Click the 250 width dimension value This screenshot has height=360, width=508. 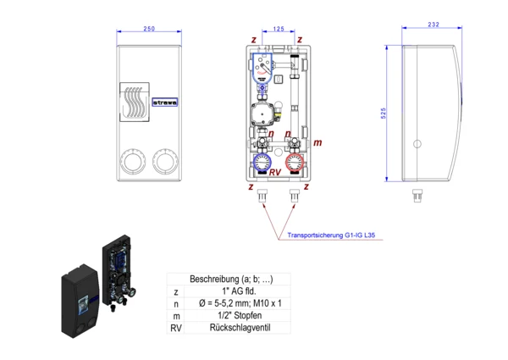click(149, 29)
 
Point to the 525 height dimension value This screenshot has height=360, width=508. click(384, 112)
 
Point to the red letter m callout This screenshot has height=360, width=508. click(317, 143)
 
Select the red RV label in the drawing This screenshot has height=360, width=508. click(274, 173)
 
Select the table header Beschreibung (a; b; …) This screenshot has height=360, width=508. click(230, 279)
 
